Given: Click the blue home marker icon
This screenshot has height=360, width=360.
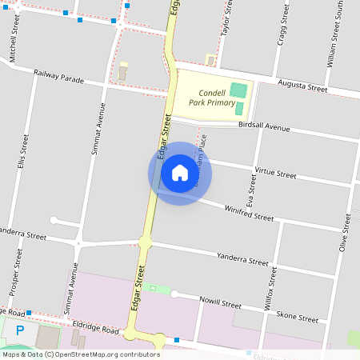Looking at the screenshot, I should pos(180,173).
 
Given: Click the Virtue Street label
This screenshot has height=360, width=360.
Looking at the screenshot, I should pos(274,172).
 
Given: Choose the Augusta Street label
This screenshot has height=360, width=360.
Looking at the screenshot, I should pos(302,86).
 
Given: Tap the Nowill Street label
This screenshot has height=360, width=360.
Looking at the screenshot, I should pos(220,304).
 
